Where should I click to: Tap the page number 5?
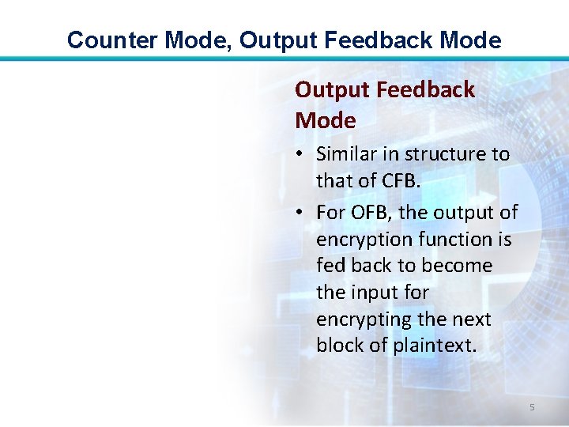click(x=532, y=407)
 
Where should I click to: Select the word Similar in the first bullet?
click(x=347, y=154)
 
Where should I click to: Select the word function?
click(x=464, y=240)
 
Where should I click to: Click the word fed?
click(x=332, y=266)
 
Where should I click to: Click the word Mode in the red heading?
click(x=325, y=121)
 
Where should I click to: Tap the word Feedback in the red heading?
click(x=425, y=90)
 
